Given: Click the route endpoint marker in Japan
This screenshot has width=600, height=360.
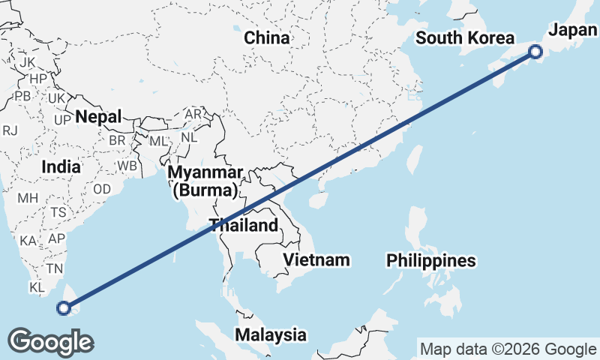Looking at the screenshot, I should coord(535,52).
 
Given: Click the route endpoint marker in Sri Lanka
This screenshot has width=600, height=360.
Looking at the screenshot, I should coord(64,307).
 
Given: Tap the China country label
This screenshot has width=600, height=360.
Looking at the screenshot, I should coord(266,37).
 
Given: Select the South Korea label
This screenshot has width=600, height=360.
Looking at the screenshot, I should coord(466,38).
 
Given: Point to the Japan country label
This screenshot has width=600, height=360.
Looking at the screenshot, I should coord(574,30).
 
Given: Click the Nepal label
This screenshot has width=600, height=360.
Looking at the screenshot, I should coord(98,117).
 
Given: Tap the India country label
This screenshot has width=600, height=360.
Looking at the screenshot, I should coord(61,166).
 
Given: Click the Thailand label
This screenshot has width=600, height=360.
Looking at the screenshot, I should coord(244,224).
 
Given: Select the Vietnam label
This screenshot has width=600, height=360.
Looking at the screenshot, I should coord(317,259).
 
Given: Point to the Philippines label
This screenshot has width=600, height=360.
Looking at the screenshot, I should coord(431,260).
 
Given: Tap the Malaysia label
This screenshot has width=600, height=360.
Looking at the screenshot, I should coord(271,334).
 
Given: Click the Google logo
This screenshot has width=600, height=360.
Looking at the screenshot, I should coord(50,342).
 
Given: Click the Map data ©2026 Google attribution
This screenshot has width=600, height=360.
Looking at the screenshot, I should coord(508,349).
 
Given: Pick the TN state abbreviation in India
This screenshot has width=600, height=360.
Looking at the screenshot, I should coord(54,268).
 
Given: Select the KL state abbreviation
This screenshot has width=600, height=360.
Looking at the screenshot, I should coord(37,287).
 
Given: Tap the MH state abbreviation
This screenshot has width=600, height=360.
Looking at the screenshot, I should coord(28,198).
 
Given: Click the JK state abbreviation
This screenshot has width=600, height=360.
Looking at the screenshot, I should coord(28,61).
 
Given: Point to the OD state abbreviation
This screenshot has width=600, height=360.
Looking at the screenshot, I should coord(102,189).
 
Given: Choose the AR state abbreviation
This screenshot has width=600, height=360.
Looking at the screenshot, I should coord(193,114).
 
